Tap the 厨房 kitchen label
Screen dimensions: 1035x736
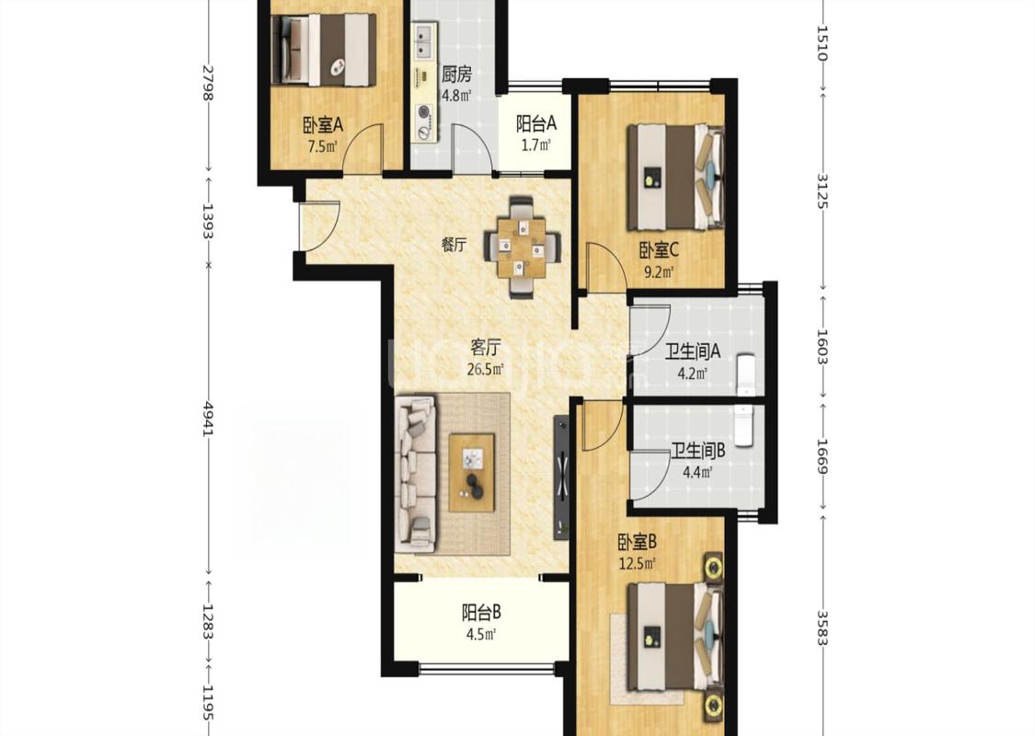pos(456,74)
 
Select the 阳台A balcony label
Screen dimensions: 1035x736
pos(536,123)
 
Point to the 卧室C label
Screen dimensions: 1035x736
pos(658,250)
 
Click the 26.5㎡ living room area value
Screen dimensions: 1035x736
pos(485,369)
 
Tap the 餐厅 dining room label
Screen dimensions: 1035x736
pos(454,245)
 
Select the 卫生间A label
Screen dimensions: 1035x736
pos(693,351)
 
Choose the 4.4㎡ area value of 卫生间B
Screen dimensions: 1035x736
pos(697,472)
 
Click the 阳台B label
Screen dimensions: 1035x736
pos(481,614)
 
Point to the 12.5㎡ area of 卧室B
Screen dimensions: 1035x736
pos(637,564)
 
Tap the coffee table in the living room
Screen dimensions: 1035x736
pos(472,473)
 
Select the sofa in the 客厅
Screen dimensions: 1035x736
pos(416,473)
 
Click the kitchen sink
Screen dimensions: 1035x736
pos(424,40)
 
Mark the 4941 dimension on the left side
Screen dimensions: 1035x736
pos(209,419)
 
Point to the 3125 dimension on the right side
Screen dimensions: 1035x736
pos(822,190)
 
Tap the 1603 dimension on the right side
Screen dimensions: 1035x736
pos(822,347)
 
